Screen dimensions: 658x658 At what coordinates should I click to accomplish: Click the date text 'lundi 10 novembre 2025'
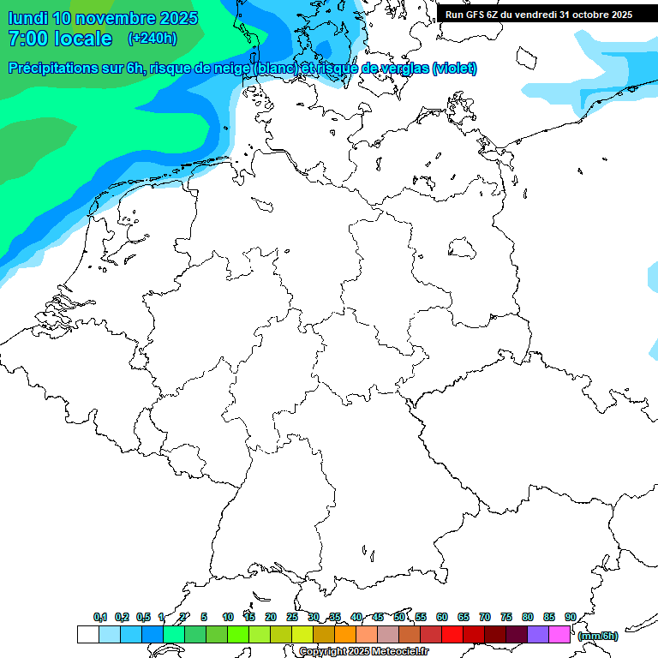tap(103, 18)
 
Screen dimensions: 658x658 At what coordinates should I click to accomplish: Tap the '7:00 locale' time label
tap(60, 39)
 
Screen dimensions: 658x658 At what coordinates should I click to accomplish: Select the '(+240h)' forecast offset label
tap(152, 39)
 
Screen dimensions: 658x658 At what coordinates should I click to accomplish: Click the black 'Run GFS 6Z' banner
tap(539, 15)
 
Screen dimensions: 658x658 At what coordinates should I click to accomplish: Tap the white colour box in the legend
tap(87, 634)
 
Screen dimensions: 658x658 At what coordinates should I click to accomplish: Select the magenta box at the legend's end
tap(559, 634)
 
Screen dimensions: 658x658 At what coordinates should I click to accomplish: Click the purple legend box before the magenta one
tap(538, 634)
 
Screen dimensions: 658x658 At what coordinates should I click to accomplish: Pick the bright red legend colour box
tap(452, 634)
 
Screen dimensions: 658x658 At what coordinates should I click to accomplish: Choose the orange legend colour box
tap(345, 634)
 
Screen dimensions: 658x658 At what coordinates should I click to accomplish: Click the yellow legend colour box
tap(302, 634)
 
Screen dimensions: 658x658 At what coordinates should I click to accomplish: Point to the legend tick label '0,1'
tap(100, 618)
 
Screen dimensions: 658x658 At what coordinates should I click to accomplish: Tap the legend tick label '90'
tap(570, 618)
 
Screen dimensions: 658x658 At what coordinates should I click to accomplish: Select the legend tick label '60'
tap(442, 618)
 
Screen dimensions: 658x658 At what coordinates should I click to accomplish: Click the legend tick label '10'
tap(228, 618)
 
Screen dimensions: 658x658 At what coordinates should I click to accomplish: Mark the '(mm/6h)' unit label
tap(598, 636)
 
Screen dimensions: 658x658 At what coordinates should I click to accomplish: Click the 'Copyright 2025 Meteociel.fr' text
tap(363, 651)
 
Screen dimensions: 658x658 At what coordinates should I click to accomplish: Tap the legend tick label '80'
tap(528, 618)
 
